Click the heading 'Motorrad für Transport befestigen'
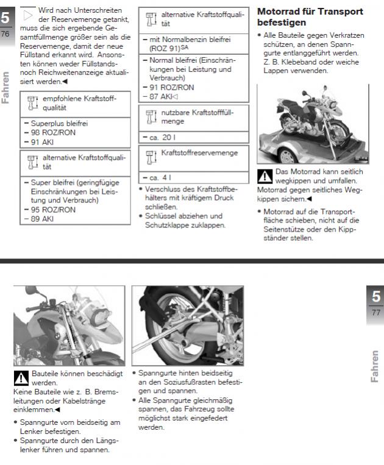point(310,16)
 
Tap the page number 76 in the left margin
point(5,33)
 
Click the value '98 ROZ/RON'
point(40,131)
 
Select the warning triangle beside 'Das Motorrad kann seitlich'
point(265,176)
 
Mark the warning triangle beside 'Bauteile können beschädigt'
point(21,376)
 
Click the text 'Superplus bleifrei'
point(50,122)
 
